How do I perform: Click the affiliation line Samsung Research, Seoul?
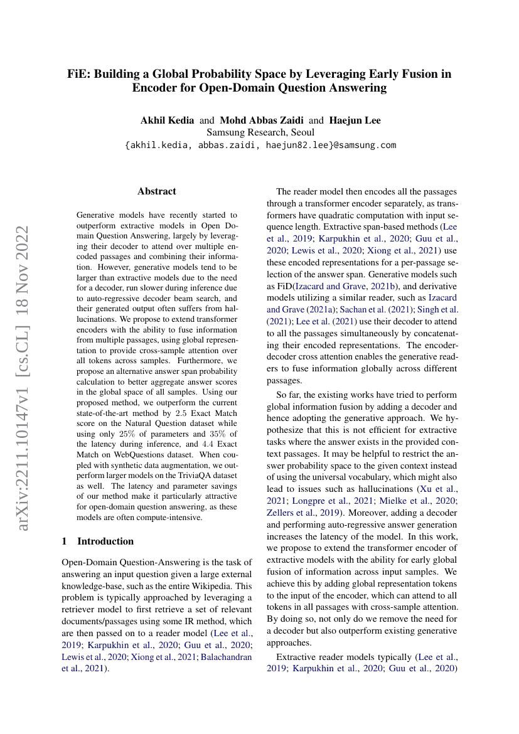point(260,132)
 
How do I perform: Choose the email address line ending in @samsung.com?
point(260,145)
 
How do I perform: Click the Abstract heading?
point(157,191)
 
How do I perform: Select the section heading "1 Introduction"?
point(98,541)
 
